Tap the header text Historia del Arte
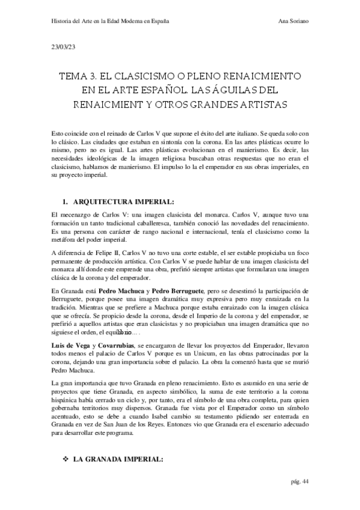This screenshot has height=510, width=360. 78,20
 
